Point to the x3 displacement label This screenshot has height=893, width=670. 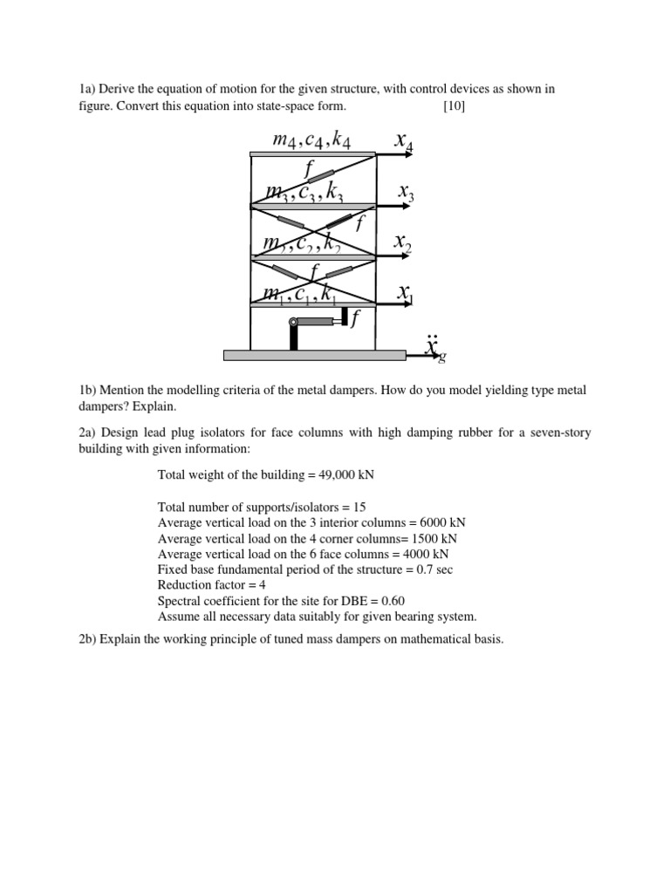point(406,193)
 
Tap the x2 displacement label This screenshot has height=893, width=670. point(402,242)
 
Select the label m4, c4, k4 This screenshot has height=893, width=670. point(311,140)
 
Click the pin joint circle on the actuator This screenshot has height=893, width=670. point(294,324)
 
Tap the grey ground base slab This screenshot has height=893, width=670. point(314,355)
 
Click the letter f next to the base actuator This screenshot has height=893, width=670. point(354,322)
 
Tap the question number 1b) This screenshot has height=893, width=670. point(88,390)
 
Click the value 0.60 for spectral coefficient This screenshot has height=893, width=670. point(387,601)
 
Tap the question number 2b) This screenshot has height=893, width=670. point(88,639)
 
